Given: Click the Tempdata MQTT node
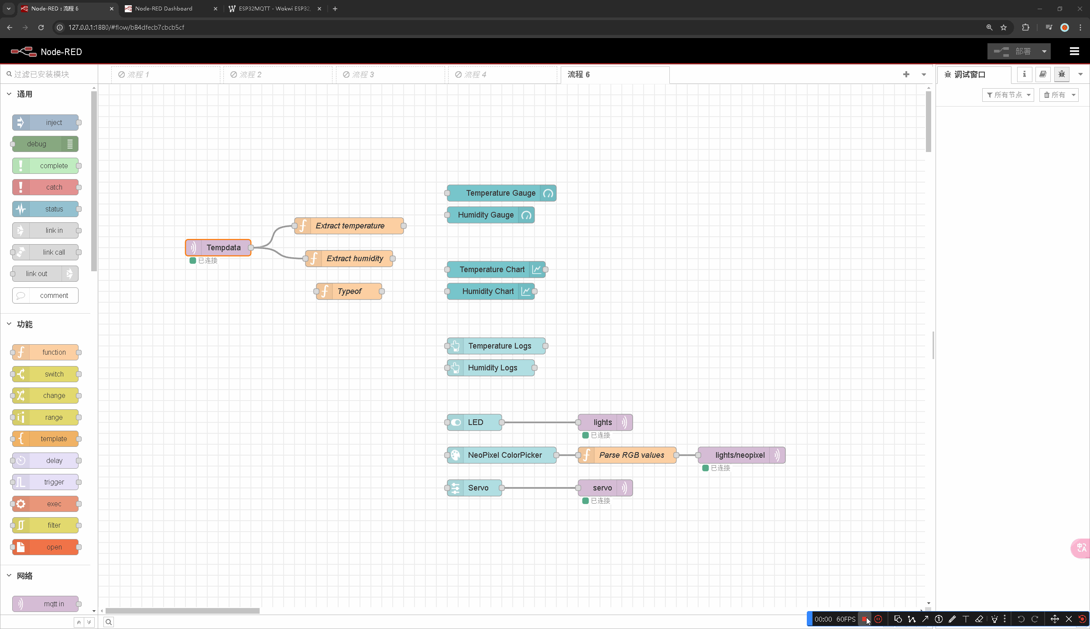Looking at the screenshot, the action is pos(218,248).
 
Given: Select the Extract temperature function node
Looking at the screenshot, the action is pos(349,226).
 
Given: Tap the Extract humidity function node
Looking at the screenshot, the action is pos(349,259).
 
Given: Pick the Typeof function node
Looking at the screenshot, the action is pos(349,291).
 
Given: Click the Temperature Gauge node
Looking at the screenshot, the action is pos(501,193).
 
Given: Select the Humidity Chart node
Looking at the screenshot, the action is pos(490,291).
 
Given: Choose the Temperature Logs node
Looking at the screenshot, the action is pos(496,346).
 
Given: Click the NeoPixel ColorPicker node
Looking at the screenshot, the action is pos(501,455).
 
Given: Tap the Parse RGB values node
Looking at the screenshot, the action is pos(627,455).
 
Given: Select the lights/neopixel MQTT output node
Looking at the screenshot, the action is pos(741,455).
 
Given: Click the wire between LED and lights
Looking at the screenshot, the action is pos(540,422).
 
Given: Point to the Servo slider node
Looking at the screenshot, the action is pos(474,488).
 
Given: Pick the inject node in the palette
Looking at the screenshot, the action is pos(45,123).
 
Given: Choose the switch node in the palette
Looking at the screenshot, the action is pos(45,374).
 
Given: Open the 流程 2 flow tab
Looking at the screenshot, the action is pos(278,75).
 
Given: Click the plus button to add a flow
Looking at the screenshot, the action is pos(906,75).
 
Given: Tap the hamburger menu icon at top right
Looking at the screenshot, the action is pos(1074,52).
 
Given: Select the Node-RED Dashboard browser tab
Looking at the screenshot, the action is pos(164,9).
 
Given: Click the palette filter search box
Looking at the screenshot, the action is pos(49,74).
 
